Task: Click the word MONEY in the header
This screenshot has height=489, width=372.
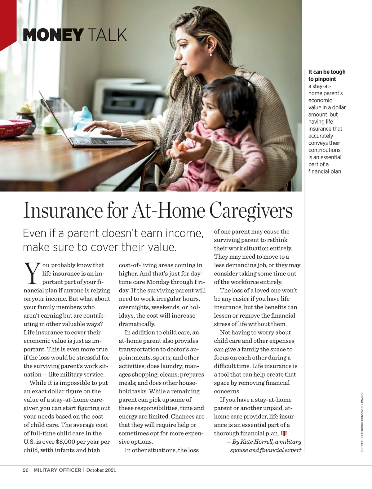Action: coord(53,35)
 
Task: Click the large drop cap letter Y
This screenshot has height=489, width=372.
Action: coord(32,273)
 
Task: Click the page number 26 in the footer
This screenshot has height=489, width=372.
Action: coord(26,470)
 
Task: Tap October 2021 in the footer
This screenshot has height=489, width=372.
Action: coord(101,470)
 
